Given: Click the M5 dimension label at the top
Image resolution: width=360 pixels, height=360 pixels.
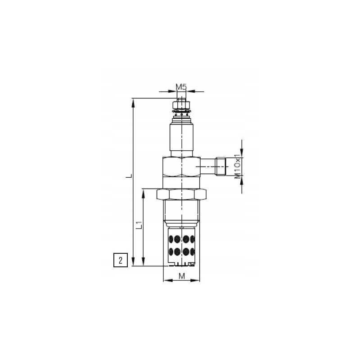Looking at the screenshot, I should pos(181,86).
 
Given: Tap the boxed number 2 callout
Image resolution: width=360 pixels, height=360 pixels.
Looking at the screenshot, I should pos(120,260).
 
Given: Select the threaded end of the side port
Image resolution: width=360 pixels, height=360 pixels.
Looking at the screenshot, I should pos(220,166).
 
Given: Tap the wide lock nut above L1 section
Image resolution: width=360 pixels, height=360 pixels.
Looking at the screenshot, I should pos(181,194).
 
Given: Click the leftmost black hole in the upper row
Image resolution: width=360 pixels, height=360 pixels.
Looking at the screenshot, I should pos(172,238).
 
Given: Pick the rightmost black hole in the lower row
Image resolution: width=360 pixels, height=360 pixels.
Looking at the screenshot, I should pos(192,251).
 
